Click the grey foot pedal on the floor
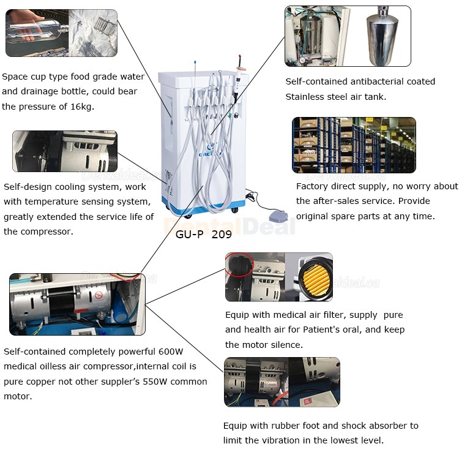[x=278, y=216]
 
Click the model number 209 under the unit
[x=222, y=235]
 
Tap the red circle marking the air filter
[x=240, y=265]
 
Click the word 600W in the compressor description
[x=171, y=351]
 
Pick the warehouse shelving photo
[x=354, y=145]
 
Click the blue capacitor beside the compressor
[x=121, y=306]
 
